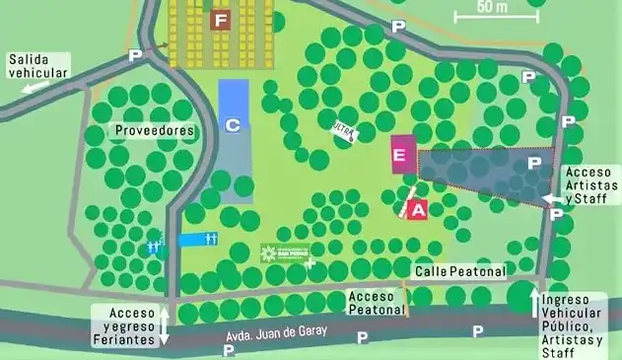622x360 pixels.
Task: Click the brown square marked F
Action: coord(221,20)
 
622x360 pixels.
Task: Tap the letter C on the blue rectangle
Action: coord(233,125)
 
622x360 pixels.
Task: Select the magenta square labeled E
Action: coord(399,156)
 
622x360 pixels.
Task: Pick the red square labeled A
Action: coord(417,209)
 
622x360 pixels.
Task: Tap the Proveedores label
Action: coord(154,130)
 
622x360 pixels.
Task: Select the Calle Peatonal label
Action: coord(459,271)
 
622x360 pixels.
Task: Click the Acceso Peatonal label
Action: coord(378,302)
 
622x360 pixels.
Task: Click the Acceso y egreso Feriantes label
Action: coord(125,325)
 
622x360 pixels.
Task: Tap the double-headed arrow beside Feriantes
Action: coord(165,325)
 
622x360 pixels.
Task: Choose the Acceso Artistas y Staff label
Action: coord(592,184)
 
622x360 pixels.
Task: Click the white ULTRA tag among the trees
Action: coord(345,130)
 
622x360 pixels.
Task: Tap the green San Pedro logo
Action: coord(285,253)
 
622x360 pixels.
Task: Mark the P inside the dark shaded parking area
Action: coord(534,162)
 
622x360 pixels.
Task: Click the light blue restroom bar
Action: coord(200,240)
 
